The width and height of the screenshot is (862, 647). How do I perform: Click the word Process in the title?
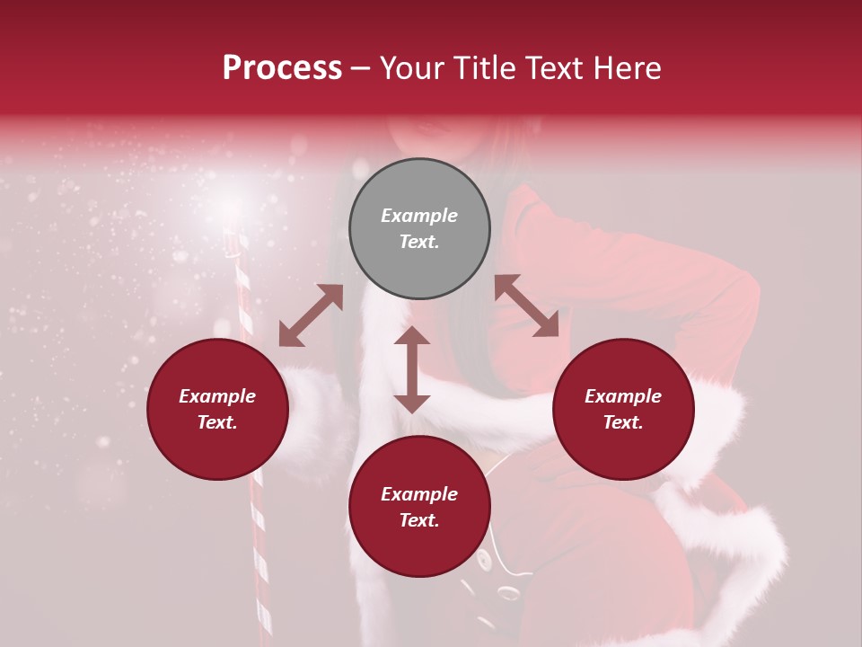(282, 68)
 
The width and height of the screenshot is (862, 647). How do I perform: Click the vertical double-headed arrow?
(412, 369)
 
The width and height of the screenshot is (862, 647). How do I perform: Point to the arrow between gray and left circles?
(311, 315)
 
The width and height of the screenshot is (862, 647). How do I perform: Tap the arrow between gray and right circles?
(526, 306)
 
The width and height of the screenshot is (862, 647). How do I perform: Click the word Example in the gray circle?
(419, 216)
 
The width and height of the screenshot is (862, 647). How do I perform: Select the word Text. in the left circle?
(217, 422)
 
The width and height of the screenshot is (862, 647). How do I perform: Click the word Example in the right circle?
(623, 396)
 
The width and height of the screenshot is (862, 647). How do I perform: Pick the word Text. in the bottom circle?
(419, 520)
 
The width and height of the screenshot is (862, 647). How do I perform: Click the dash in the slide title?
(361, 68)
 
